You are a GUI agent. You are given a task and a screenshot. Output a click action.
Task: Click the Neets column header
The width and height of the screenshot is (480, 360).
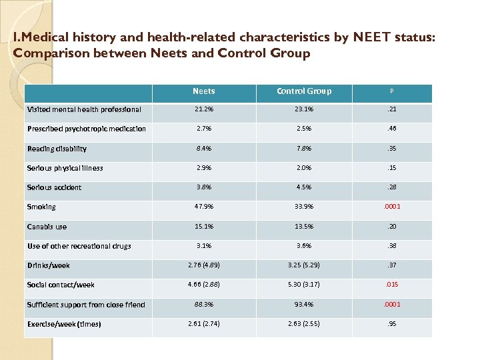[203, 91]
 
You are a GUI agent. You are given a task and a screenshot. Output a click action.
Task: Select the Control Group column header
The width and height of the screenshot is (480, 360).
[304, 91]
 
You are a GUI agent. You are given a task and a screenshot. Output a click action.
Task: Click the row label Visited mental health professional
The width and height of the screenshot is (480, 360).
[84, 109]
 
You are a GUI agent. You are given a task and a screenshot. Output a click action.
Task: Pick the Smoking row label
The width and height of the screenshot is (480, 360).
[41, 207]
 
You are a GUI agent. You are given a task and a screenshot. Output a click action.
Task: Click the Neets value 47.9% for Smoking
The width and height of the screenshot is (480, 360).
[203, 207]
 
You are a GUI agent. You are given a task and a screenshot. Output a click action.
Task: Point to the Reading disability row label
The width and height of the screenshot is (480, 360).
[57, 149]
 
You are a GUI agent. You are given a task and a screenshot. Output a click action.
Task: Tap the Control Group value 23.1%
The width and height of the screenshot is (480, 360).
[304, 109]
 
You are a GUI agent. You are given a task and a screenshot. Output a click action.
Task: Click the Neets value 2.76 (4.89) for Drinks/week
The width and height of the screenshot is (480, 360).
[203, 265]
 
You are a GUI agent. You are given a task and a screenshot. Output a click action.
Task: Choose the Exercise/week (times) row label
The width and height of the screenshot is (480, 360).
[64, 324]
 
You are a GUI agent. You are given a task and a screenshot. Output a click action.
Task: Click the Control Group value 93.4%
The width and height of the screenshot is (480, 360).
[304, 305]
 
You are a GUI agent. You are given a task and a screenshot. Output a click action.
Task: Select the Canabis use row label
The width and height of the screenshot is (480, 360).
[47, 227]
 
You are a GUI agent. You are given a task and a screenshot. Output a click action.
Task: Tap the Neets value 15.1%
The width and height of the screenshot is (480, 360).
[203, 227]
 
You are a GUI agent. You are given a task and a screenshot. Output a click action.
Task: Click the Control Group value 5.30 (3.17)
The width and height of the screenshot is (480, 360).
[304, 285]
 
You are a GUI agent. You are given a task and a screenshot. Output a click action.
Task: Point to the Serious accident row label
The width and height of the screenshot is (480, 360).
[54, 187]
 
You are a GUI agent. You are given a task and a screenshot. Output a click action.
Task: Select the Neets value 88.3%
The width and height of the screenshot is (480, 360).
[203, 305]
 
